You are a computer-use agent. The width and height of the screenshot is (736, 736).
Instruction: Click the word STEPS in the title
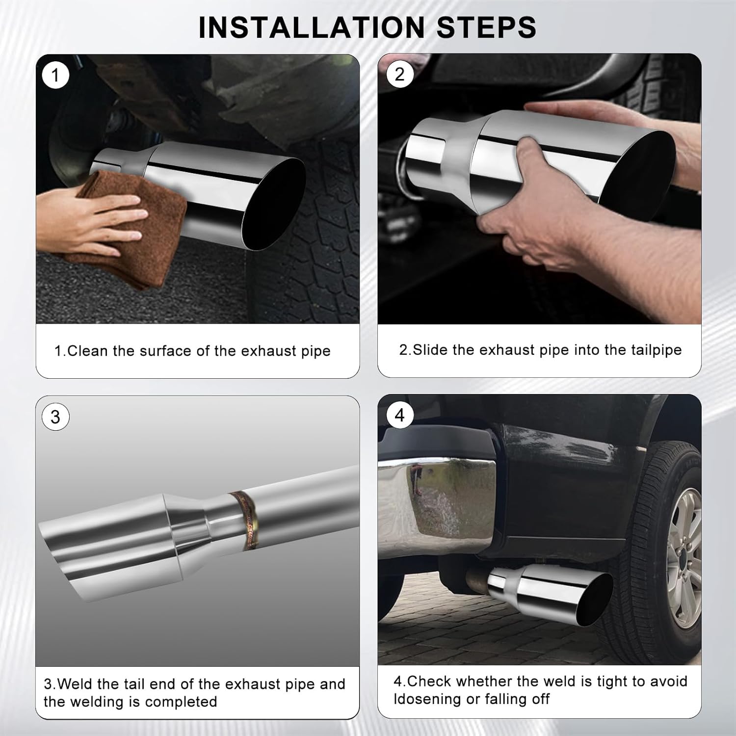[486, 27]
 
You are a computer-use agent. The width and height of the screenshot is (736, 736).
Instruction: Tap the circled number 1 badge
[55, 76]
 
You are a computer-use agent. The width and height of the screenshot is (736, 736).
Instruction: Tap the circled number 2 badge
[399, 75]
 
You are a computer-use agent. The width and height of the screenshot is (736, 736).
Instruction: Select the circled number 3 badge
[55, 417]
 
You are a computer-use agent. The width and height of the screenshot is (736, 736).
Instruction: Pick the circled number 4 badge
[399, 416]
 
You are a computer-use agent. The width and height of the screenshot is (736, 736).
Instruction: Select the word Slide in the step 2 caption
[431, 350]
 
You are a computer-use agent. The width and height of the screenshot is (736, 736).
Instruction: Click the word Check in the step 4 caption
[428, 682]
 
